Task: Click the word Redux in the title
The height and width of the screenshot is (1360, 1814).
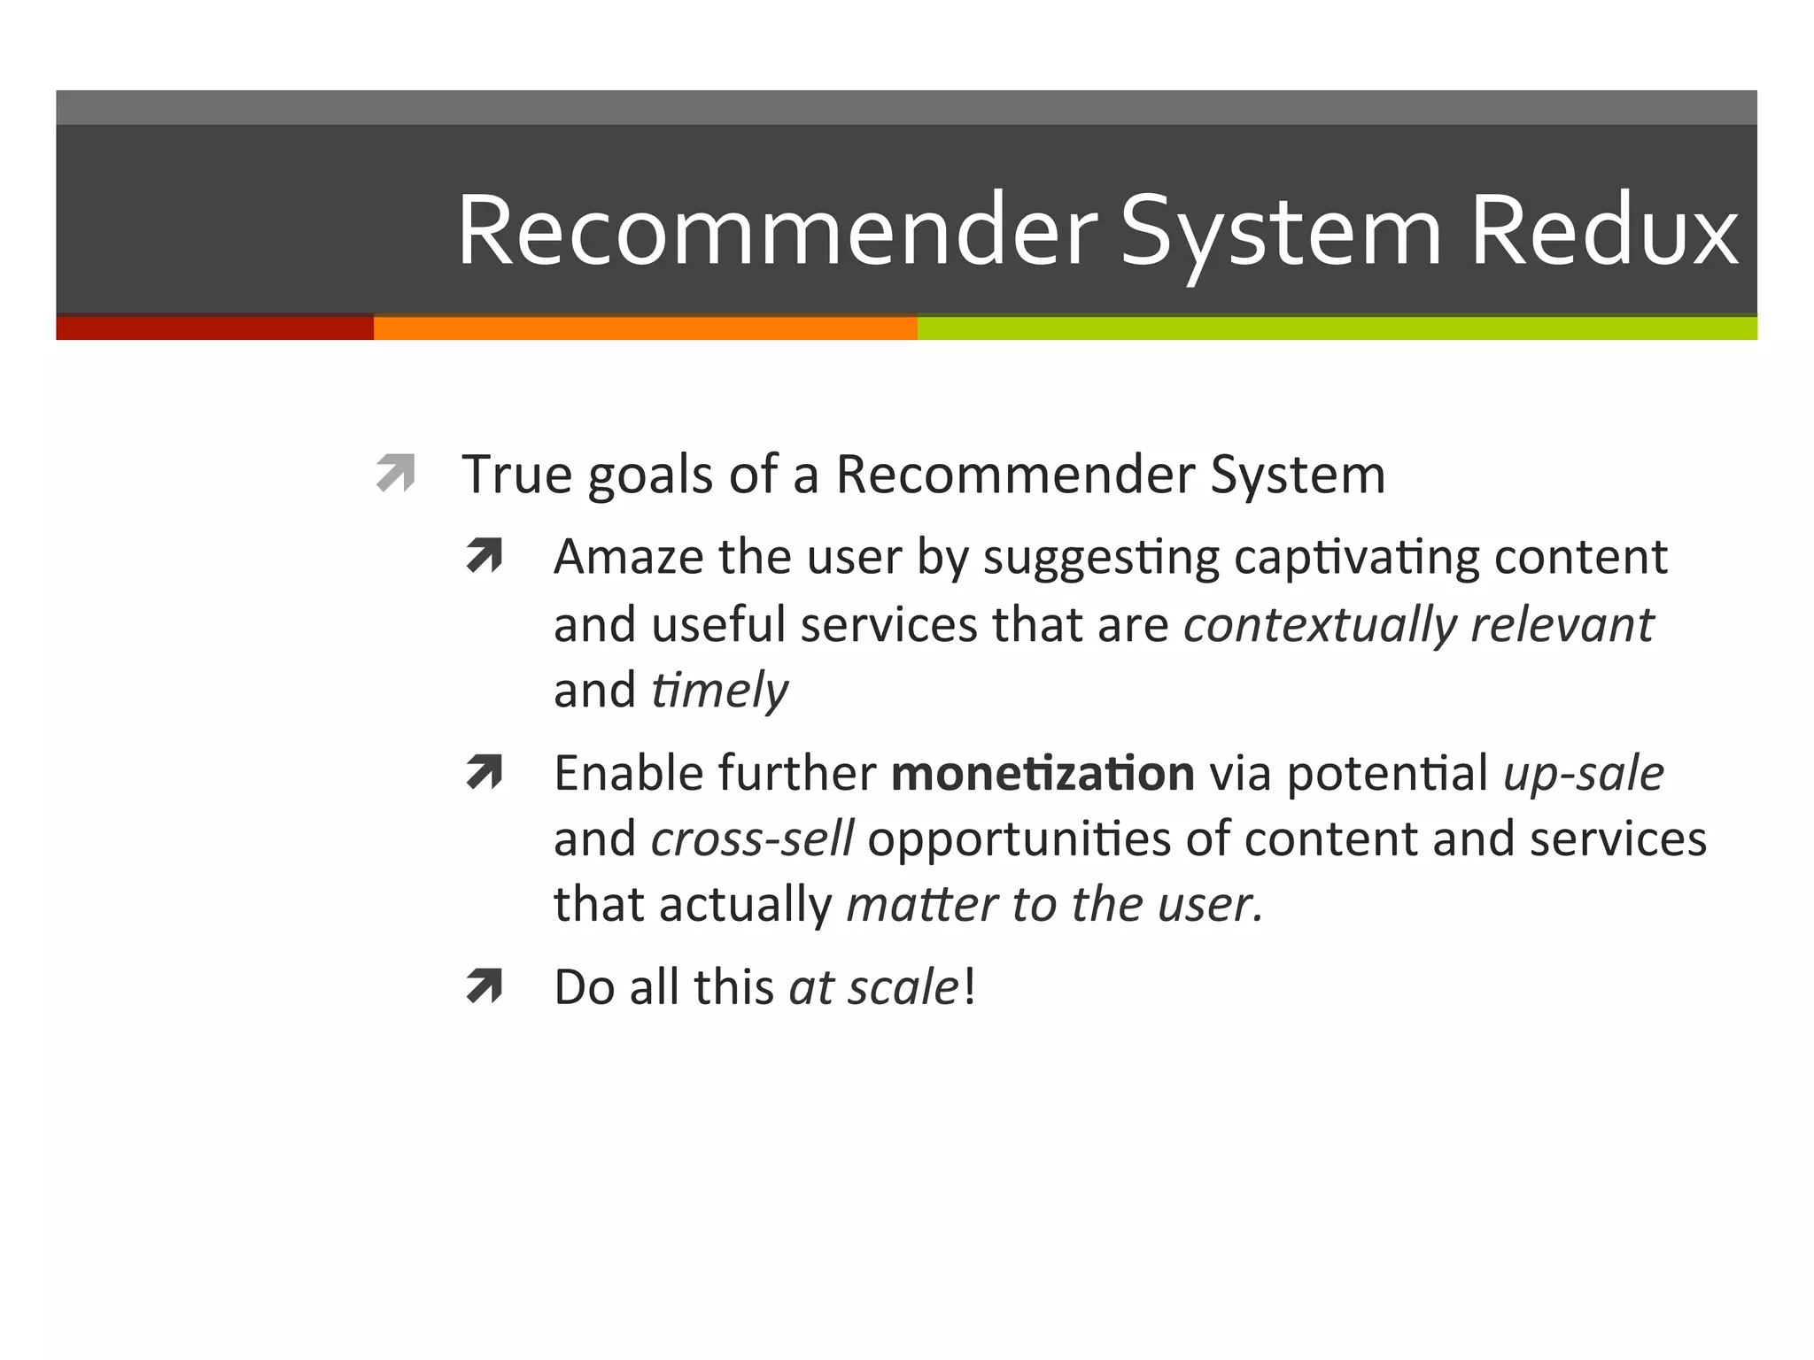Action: click(1603, 232)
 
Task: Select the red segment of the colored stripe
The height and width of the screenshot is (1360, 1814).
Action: click(214, 328)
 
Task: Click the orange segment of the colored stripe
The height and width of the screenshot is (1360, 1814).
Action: click(645, 328)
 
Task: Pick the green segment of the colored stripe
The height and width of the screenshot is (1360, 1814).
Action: click(1337, 328)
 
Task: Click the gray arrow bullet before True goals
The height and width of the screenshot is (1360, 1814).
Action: click(395, 473)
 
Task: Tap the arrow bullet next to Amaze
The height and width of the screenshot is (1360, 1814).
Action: click(485, 556)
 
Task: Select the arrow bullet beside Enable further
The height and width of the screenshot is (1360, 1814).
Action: click(485, 772)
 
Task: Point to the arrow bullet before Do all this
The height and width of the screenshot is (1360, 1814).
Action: click(485, 986)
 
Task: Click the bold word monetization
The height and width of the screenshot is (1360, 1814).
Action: click(1043, 773)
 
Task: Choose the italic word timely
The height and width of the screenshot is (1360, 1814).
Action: click(719, 690)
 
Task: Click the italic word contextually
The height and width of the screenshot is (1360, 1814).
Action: click(1320, 625)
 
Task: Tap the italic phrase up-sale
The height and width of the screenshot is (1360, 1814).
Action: click(1584, 773)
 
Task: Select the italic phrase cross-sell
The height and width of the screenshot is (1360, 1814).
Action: click(752, 838)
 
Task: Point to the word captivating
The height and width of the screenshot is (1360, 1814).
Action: click(1356, 559)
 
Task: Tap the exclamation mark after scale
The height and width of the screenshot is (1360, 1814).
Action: click(970, 986)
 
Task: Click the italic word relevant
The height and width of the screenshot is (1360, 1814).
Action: click(1562, 625)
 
